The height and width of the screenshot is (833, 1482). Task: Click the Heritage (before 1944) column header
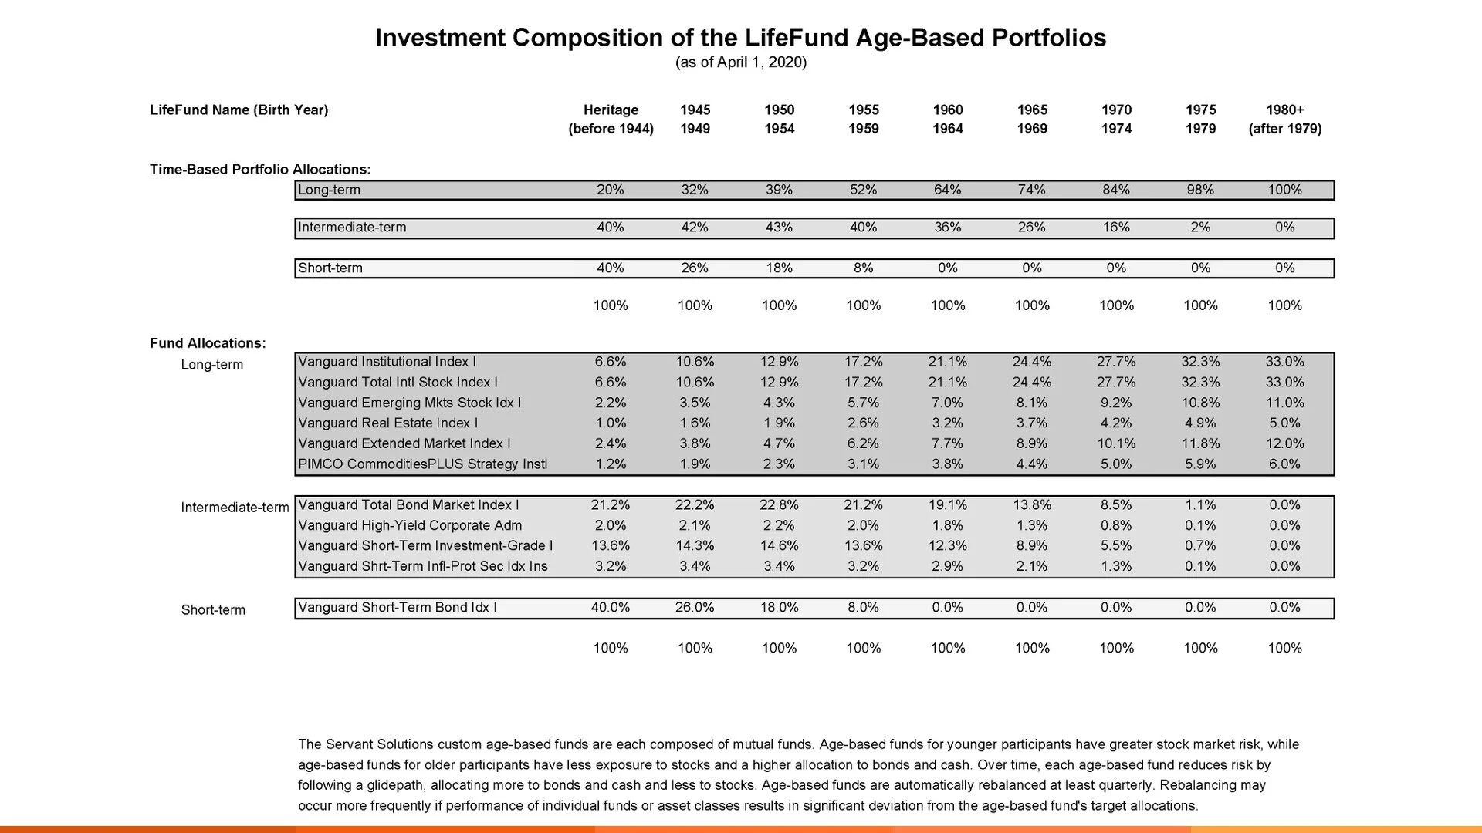click(611, 120)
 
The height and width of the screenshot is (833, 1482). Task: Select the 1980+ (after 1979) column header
click(1285, 120)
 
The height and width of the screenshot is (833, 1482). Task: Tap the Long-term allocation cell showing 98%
click(1200, 190)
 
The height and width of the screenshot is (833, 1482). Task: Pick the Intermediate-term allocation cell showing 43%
click(779, 228)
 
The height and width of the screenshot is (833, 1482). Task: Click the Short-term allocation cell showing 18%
click(779, 268)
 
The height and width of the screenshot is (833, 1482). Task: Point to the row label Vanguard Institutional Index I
click(387, 362)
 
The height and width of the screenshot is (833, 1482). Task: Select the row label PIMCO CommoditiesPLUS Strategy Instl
click(422, 464)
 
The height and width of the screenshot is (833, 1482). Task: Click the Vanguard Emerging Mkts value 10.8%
click(1200, 403)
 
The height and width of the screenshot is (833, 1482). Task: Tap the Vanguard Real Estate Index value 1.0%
click(611, 423)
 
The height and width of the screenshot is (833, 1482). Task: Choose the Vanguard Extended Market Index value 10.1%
click(1116, 443)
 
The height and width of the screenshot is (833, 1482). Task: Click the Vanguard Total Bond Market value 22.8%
click(779, 505)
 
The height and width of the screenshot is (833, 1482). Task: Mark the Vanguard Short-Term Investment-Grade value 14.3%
click(695, 546)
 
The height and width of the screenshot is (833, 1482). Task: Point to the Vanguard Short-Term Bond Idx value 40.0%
click(611, 608)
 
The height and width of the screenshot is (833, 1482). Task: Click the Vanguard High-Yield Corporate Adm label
click(410, 526)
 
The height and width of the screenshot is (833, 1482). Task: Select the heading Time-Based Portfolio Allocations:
click(260, 170)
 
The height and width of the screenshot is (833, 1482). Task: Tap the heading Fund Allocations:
click(208, 343)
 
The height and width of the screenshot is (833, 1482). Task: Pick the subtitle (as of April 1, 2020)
click(741, 62)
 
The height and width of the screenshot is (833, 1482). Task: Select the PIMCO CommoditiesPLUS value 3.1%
click(863, 464)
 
